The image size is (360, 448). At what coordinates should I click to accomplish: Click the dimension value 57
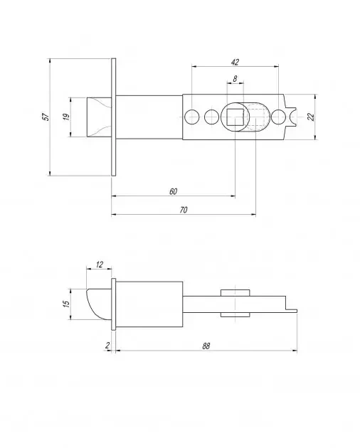click(46, 117)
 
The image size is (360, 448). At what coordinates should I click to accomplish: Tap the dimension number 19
click(66, 117)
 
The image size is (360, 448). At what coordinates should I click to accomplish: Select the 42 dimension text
click(235, 62)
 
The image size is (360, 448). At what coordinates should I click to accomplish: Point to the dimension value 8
click(235, 78)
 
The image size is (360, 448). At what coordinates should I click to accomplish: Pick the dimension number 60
click(173, 191)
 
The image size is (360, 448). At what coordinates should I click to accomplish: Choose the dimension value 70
click(184, 210)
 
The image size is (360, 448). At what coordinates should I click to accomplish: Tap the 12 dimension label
click(99, 265)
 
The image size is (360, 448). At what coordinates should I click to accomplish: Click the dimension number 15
click(66, 304)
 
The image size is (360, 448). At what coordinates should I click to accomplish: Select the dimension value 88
click(206, 346)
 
